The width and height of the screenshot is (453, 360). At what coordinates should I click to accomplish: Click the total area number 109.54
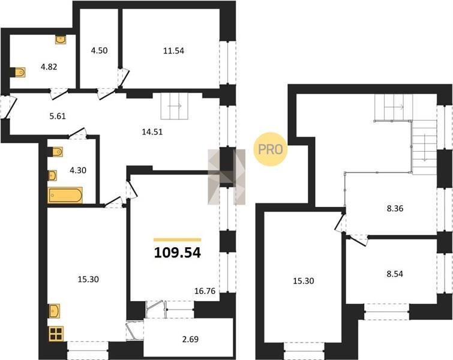tap(178, 253)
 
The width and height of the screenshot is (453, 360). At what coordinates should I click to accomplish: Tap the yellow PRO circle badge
tap(271, 149)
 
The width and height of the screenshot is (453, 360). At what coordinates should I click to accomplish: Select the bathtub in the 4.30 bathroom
tap(65, 195)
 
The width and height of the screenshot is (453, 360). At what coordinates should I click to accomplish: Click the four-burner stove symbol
tap(56, 334)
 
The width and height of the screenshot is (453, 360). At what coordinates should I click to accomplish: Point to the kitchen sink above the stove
tap(55, 311)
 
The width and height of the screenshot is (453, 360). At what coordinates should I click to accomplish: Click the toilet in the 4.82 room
tap(19, 72)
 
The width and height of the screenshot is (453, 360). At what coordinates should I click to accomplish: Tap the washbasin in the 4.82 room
tap(61, 40)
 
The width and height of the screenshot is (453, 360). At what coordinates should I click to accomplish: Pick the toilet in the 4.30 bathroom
tap(58, 151)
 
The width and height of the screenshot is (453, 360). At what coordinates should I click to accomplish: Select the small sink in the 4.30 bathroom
tap(53, 175)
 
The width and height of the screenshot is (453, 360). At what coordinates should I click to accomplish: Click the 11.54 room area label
tap(173, 51)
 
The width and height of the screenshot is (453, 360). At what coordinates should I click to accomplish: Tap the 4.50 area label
tap(99, 50)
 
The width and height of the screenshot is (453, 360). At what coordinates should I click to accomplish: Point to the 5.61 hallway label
tap(58, 116)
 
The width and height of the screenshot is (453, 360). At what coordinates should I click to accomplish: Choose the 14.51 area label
tap(152, 132)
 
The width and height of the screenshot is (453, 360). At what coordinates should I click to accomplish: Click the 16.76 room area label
tap(205, 291)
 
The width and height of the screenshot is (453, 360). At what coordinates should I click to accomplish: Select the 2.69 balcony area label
tap(190, 339)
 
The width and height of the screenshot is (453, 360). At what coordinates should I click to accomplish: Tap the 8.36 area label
tap(395, 208)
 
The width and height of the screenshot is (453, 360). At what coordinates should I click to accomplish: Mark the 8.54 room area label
tap(395, 274)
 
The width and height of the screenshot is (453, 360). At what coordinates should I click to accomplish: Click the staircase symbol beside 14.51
tap(175, 106)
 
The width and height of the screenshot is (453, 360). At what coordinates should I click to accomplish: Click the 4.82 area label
tap(49, 67)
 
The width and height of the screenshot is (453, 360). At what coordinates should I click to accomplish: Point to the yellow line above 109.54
tap(178, 239)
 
